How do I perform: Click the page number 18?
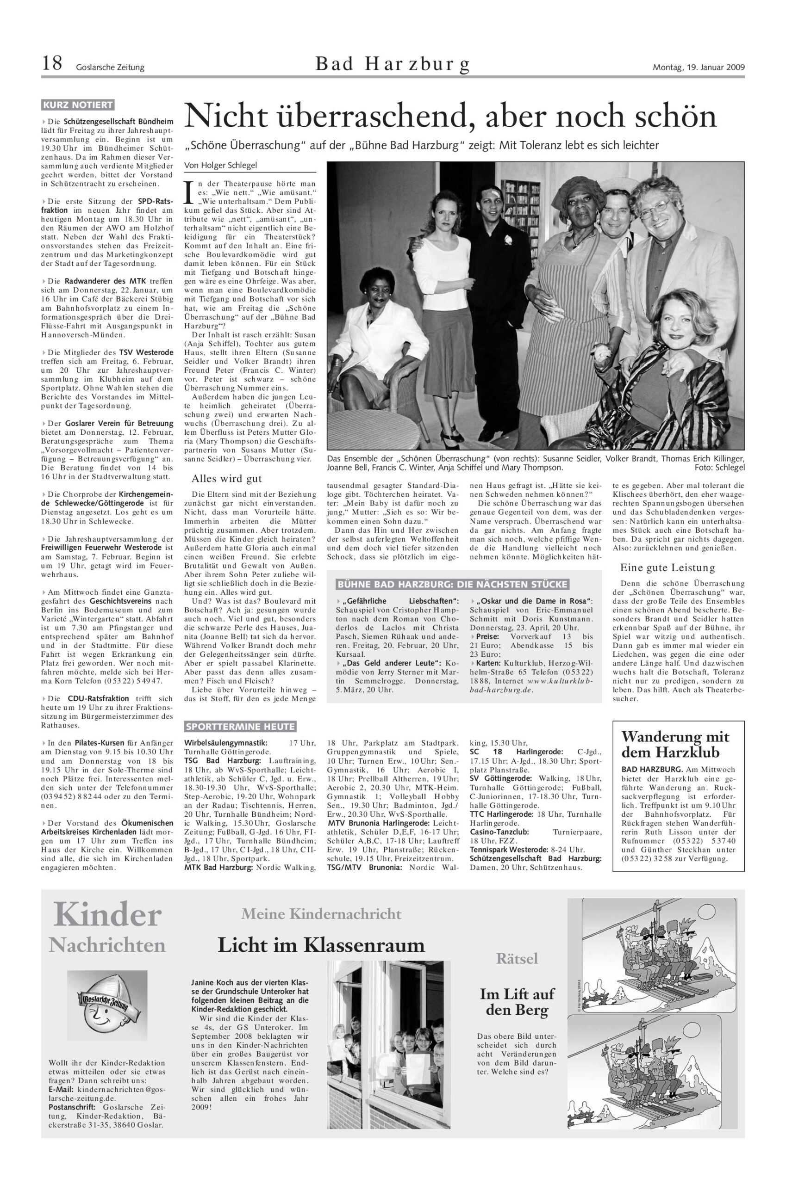(52, 64)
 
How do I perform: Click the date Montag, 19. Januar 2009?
(698, 67)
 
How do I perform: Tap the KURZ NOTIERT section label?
(78, 105)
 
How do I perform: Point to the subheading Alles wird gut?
(227, 478)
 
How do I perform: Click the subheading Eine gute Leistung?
(667, 567)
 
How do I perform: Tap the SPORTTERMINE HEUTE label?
(240, 726)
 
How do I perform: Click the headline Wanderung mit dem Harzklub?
(675, 744)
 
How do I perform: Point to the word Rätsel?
(517, 958)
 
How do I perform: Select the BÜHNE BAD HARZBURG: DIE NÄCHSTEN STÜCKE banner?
(453, 584)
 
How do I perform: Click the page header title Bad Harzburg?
(393, 64)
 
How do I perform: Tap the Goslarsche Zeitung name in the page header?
(110, 67)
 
